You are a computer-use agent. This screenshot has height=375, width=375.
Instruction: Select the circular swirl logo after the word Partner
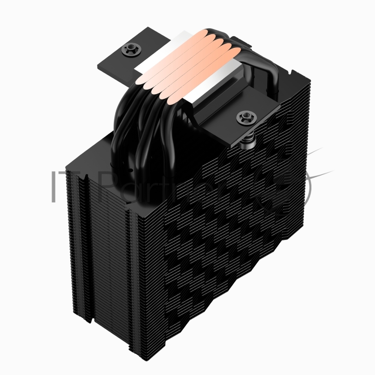pos(293,190)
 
